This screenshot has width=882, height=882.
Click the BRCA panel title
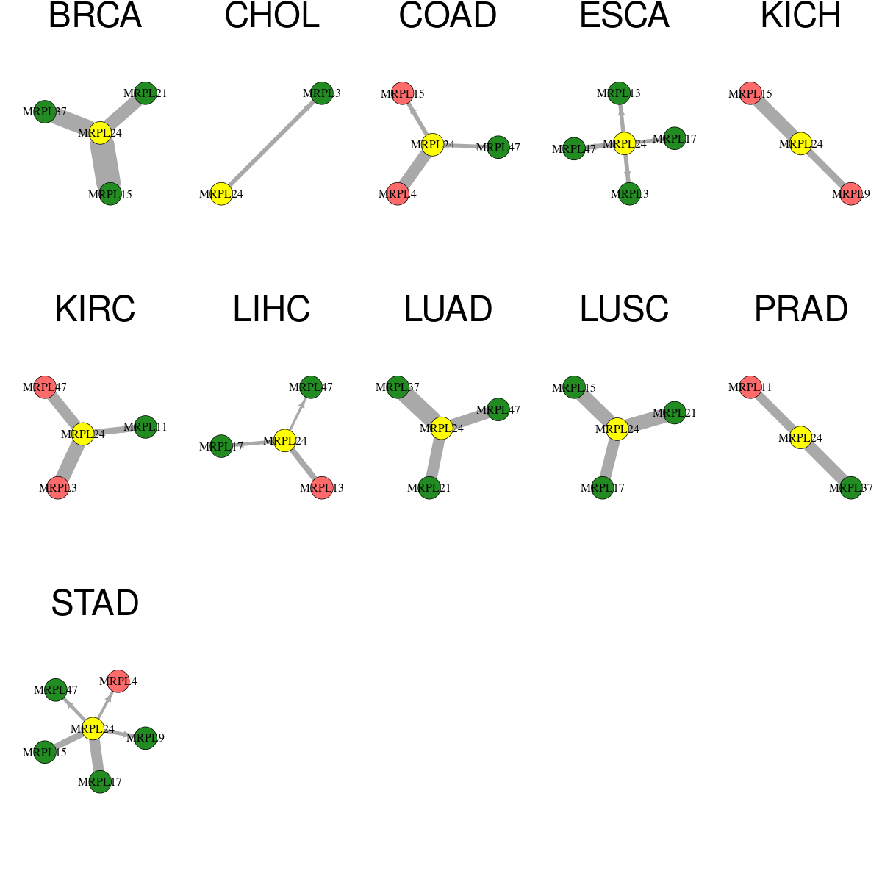point(96,15)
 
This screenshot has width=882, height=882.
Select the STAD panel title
point(96,603)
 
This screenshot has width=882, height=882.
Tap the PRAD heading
point(801,309)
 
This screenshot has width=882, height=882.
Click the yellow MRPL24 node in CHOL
point(221,193)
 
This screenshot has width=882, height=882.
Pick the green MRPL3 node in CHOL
point(322,93)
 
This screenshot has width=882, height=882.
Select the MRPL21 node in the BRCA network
point(146,93)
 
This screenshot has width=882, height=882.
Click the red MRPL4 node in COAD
point(398,193)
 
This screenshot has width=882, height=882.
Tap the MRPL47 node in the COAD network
point(498,148)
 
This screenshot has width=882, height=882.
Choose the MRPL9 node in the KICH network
point(851,193)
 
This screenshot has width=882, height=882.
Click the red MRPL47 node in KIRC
point(45,387)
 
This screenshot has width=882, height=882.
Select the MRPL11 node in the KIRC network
point(146,427)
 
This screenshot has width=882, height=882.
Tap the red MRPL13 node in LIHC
point(322,488)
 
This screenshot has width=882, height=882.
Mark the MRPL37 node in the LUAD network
point(398,387)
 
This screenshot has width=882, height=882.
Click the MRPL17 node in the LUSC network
point(603,488)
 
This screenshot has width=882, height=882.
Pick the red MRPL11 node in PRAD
point(750,387)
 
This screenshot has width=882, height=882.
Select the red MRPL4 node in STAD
point(118,681)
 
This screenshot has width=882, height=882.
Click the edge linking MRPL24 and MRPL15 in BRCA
point(105,163)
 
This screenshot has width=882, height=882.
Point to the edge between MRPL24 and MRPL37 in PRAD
point(825,463)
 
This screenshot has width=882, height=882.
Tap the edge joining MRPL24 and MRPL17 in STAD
point(96,756)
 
